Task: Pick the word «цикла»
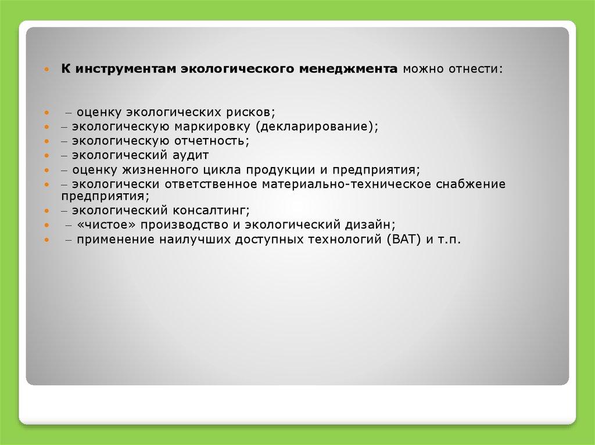point(222,170)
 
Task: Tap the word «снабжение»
point(471,184)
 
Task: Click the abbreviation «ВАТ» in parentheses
point(404,240)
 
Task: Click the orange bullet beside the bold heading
point(46,70)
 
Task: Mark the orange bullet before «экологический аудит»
point(46,156)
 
